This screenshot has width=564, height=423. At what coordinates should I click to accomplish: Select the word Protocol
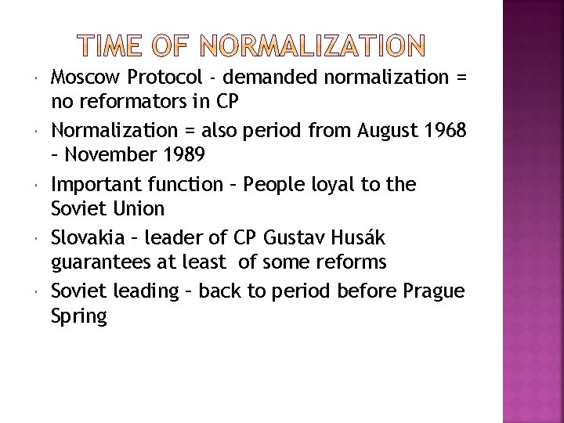tap(164, 78)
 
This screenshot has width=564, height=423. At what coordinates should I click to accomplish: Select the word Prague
tap(433, 291)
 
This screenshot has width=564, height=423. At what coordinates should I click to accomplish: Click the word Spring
tap(79, 316)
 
